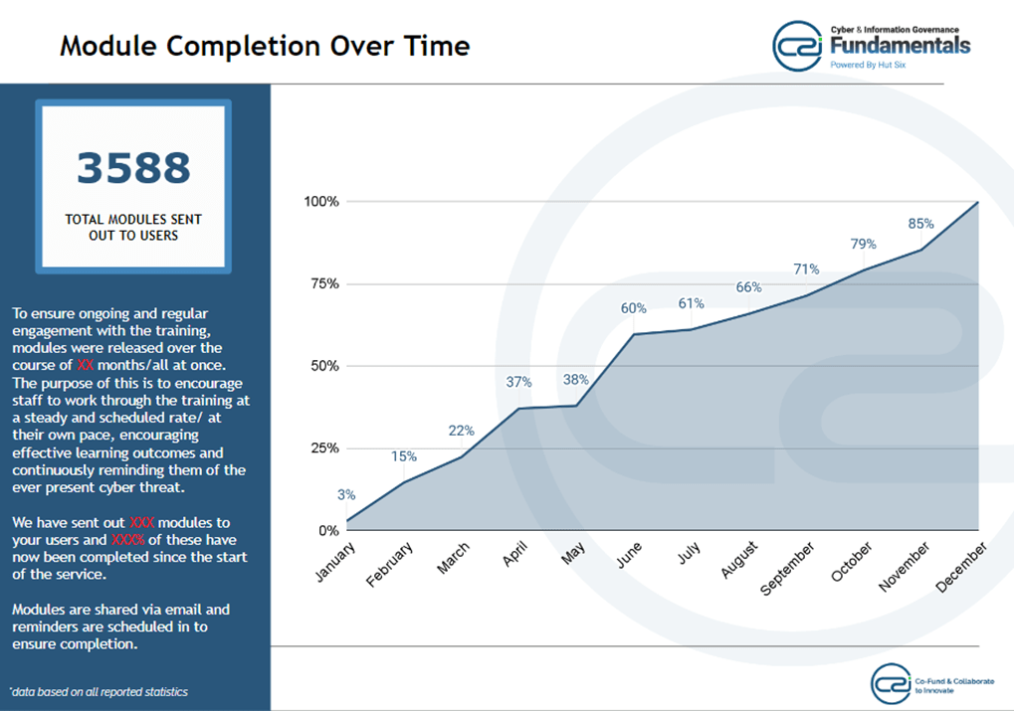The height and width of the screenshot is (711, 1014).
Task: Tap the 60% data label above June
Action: (x=634, y=308)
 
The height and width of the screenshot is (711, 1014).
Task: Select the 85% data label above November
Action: (x=921, y=224)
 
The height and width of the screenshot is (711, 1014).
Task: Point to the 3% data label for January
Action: (x=346, y=495)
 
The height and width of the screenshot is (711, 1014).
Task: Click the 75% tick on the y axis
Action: (x=320, y=283)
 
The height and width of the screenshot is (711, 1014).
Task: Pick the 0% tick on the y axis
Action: (x=327, y=530)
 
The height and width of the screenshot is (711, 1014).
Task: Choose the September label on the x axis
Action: (x=788, y=570)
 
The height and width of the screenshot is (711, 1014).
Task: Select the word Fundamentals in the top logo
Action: (x=900, y=46)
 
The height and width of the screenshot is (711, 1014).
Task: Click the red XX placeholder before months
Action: (x=86, y=365)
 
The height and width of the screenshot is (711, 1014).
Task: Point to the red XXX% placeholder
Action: (x=128, y=540)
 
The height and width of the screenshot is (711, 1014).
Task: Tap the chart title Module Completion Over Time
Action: (x=265, y=46)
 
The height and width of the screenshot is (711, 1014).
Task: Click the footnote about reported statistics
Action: (x=99, y=691)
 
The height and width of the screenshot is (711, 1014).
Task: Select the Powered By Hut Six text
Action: (x=869, y=66)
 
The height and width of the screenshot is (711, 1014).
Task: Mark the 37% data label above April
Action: (x=518, y=382)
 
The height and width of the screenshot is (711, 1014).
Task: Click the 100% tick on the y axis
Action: (x=320, y=201)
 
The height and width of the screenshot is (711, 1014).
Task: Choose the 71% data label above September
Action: (x=806, y=268)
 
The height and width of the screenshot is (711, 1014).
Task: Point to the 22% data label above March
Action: (x=461, y=431)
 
